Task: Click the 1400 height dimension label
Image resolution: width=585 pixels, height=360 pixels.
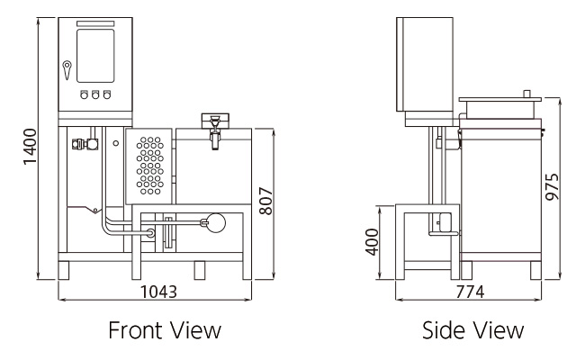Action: click(x=31, y=146)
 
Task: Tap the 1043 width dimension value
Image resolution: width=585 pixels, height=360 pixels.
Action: click(x=158, y=292)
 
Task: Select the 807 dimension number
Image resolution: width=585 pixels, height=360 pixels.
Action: click(x=266, y=201)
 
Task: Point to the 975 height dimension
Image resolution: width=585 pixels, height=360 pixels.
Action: click(x=553, y=187)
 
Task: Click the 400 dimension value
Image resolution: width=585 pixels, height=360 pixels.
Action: click(x=372, y=242)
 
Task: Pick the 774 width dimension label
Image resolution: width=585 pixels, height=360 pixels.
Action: click(x=470, y=292)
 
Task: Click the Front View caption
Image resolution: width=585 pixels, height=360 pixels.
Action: click(x=165, y=330)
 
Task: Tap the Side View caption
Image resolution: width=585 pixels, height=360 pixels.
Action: click(x=472, y=330)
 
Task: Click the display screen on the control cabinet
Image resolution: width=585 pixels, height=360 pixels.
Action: click(x=95, y=56)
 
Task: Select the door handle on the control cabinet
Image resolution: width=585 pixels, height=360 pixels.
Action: click(x=67, y=70)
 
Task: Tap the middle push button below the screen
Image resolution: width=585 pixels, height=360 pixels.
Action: click(x=95, y=94)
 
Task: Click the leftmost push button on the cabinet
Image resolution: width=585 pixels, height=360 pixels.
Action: click(x=85, y=94)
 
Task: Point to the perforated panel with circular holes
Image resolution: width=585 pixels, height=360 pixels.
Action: click(x=149, y=166)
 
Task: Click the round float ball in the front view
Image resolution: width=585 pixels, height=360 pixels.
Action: click(x=216, y=222)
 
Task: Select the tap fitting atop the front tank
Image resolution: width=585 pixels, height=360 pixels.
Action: click(x=215, y=130)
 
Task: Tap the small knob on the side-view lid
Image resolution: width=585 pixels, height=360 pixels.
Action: click(x=526, y=94)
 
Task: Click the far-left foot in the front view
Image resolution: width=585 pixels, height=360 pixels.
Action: click(x=64, y=271)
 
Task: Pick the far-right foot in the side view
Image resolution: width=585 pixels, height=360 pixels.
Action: click(x=535, y=271)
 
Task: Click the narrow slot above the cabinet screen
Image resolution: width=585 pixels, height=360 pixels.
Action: click(x=95, y=24)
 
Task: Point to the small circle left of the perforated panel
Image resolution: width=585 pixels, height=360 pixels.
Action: click(x=116, y=143)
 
